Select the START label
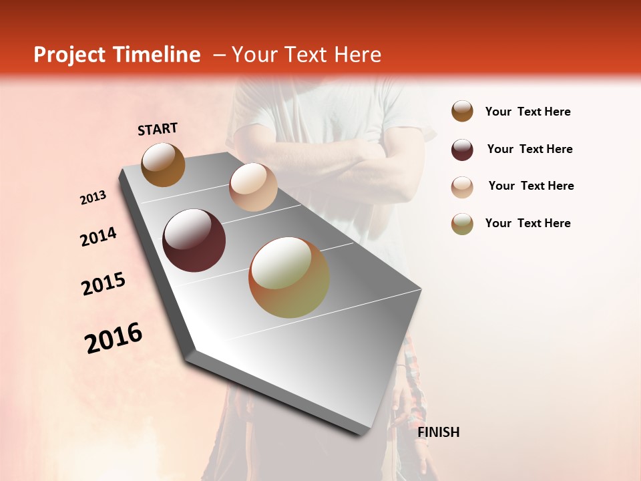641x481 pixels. pyautogui.click(x=158, y=129)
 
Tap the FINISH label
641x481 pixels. pyautogui.click(x=438, y=432)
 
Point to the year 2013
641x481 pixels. pyautogui.click(x=93, y=198)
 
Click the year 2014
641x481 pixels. pyautogui.click(x=98, y=236)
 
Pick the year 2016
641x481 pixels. pyautogui.click(x=114, y=338)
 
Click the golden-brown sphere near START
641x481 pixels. pyautogui.click(x=163, y=164)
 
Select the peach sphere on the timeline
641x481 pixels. pyautogui.click(x=253, y=187)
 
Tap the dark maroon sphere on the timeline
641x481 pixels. pyautogui.click(x=194, y=240)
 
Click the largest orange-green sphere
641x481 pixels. pyautogui.click(x=289, y=277)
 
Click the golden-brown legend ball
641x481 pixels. pyautogui.click(x=462, y=112)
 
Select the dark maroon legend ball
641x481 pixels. pyautogui.click(x=462, y=150)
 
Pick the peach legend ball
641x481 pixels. pyautogui.click(x=462, y=186)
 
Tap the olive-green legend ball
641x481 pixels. pyautogui.click(x=462, y=224)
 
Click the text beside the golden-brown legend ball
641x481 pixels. pyautogui.click(x=527, y=112)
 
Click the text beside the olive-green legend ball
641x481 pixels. pyautogui.click(x=527, y=223)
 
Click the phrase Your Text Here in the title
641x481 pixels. pyautogui.click(x=306, y=55)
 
